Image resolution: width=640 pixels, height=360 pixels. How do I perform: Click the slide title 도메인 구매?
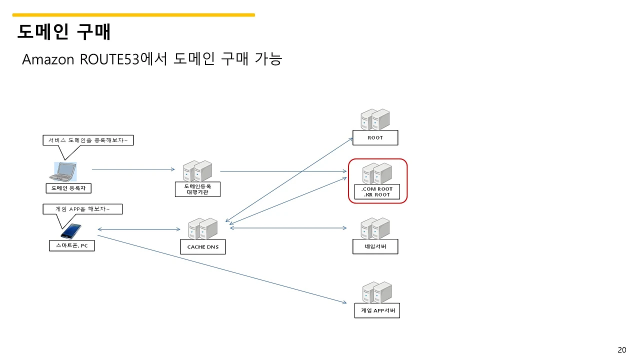64,32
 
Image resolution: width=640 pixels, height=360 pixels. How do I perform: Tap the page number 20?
621,349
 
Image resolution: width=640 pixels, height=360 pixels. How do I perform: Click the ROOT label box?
375,137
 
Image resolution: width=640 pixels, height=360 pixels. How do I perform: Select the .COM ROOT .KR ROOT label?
377,192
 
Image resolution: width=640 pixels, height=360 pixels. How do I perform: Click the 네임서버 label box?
375,246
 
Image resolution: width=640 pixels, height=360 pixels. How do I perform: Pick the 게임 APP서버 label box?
377,310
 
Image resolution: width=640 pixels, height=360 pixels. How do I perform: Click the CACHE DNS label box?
202,247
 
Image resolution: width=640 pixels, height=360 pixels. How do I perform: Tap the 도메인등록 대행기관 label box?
197,189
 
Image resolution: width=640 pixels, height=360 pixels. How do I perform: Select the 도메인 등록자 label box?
68,188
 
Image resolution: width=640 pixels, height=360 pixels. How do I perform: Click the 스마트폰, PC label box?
71,245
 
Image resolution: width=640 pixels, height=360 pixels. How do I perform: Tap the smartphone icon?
71,231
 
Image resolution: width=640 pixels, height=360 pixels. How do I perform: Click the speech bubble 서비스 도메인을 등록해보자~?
88,141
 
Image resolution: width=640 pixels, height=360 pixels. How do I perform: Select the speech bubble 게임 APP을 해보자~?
82,208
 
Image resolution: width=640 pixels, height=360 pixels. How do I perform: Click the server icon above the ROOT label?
375,119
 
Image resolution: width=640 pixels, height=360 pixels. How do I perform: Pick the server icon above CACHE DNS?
202,229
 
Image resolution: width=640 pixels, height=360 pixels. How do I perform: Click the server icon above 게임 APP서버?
376,292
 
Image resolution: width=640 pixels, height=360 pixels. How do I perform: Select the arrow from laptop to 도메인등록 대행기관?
133,169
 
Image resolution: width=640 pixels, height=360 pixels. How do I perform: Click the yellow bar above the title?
133,15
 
